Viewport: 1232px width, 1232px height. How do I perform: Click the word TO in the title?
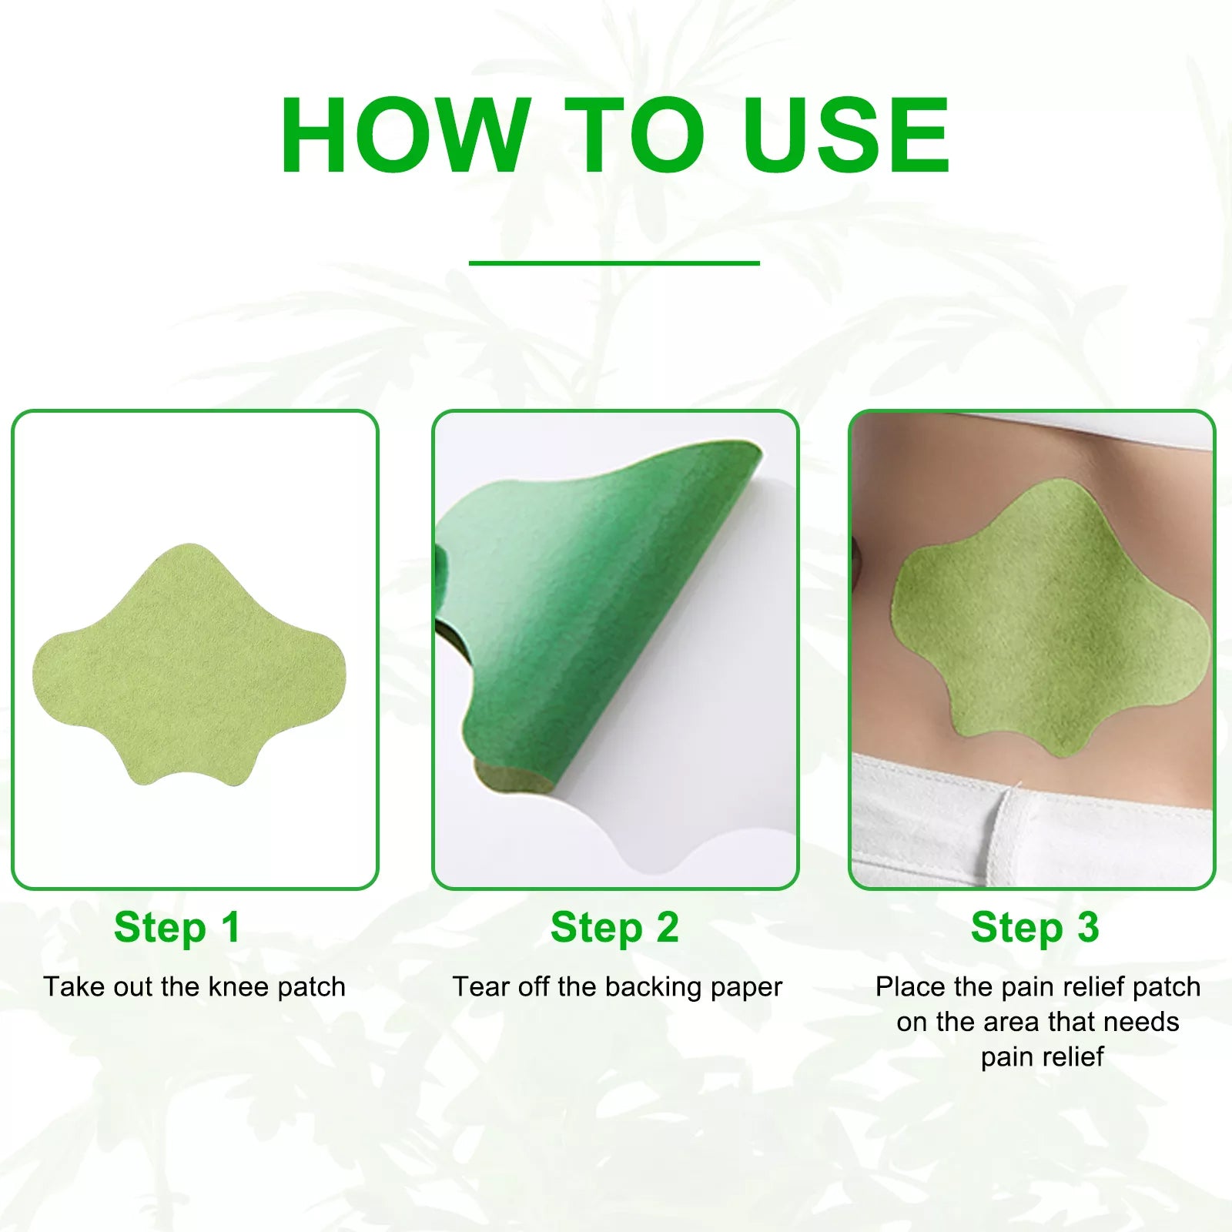tap(633, 136)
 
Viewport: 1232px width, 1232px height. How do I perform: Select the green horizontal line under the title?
tap(614, 263)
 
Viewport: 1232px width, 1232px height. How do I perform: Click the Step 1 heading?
tap(176, 927)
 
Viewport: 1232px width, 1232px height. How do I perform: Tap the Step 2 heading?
tap(614, 927)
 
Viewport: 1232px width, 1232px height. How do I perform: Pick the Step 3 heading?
tap(1034, 927)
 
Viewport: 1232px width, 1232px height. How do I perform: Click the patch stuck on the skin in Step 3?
tap(1047, 616)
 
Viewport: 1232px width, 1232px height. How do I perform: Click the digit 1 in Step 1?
tap(230, 927)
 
